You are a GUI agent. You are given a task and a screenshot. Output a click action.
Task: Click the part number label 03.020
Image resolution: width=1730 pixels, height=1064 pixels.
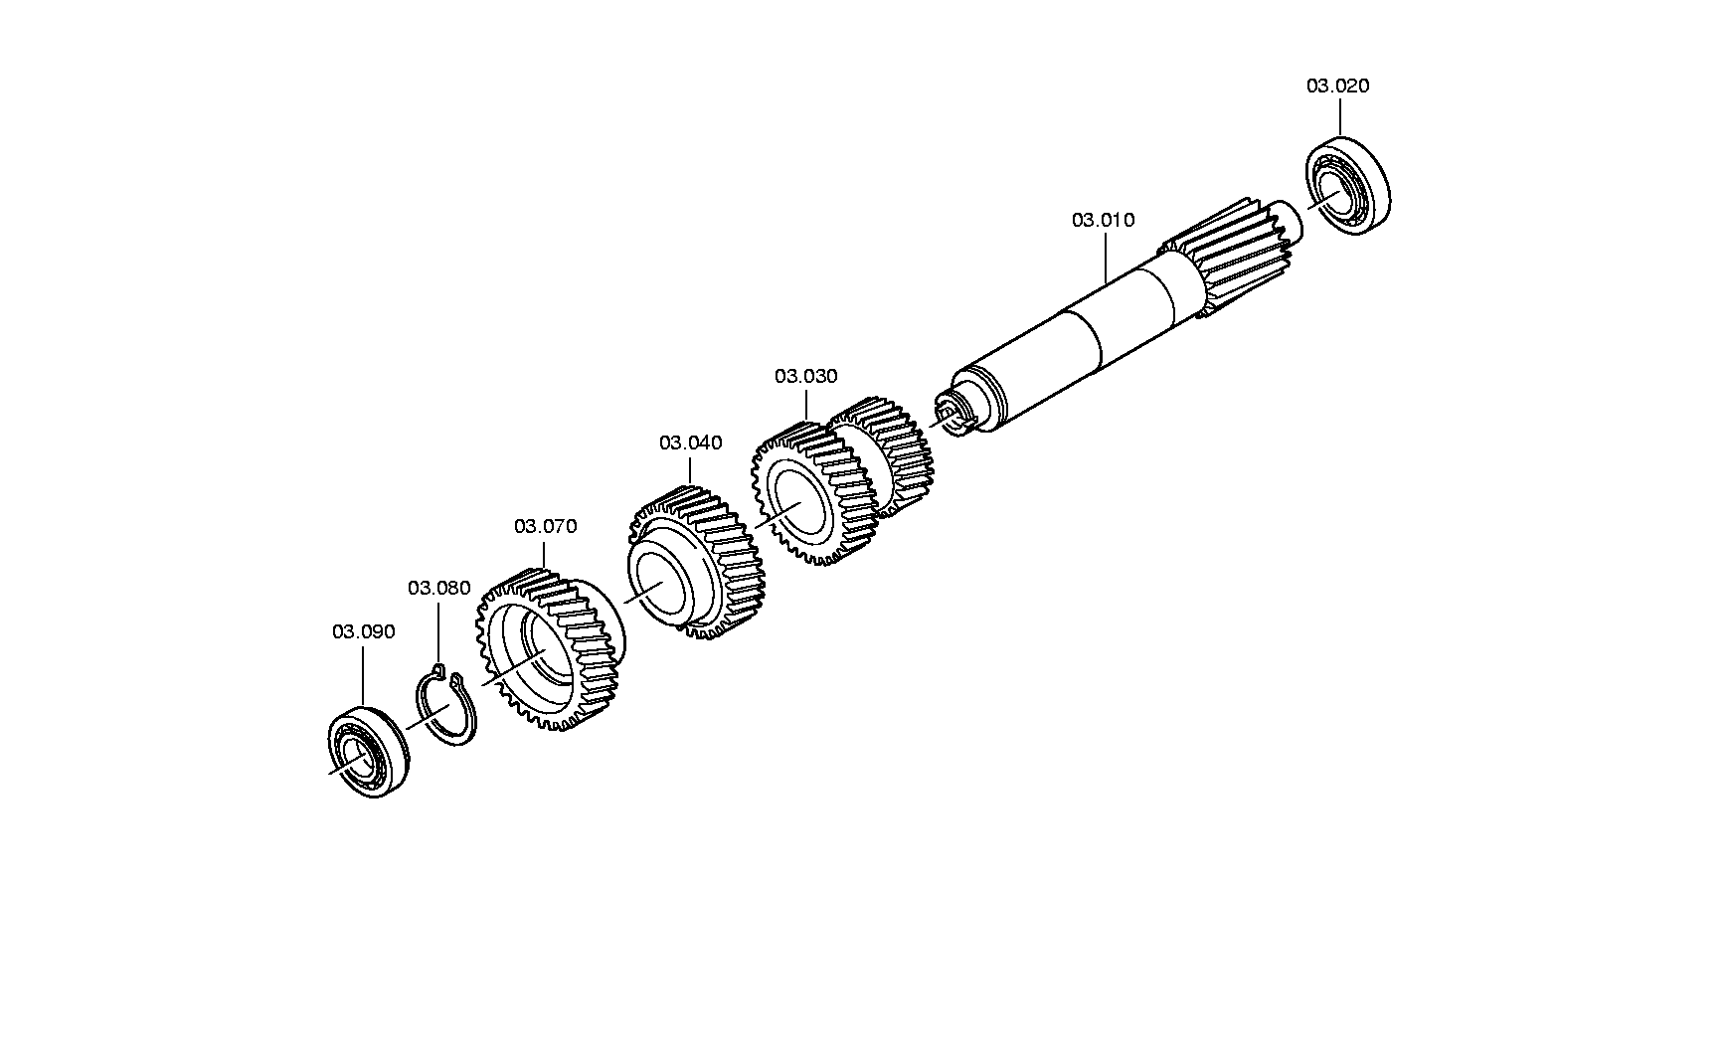click(1337, 86)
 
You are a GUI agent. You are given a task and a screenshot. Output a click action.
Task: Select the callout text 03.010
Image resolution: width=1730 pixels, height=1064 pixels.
click(1103, 220)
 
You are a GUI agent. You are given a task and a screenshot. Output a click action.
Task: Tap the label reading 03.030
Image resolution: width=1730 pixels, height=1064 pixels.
click(806, 376)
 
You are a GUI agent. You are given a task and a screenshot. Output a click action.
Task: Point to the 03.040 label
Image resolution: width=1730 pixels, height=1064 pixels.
click(691, 443)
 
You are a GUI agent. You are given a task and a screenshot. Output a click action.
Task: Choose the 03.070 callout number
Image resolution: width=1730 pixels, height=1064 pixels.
click(545, 526)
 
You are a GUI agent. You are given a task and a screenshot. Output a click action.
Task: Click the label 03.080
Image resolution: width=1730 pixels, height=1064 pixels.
click(439, 588)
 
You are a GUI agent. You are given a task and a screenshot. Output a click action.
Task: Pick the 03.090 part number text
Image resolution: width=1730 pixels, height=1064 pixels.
click(364, 631)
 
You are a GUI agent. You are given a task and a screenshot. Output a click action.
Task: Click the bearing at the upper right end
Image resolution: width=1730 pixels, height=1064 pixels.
click(1347, 189)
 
